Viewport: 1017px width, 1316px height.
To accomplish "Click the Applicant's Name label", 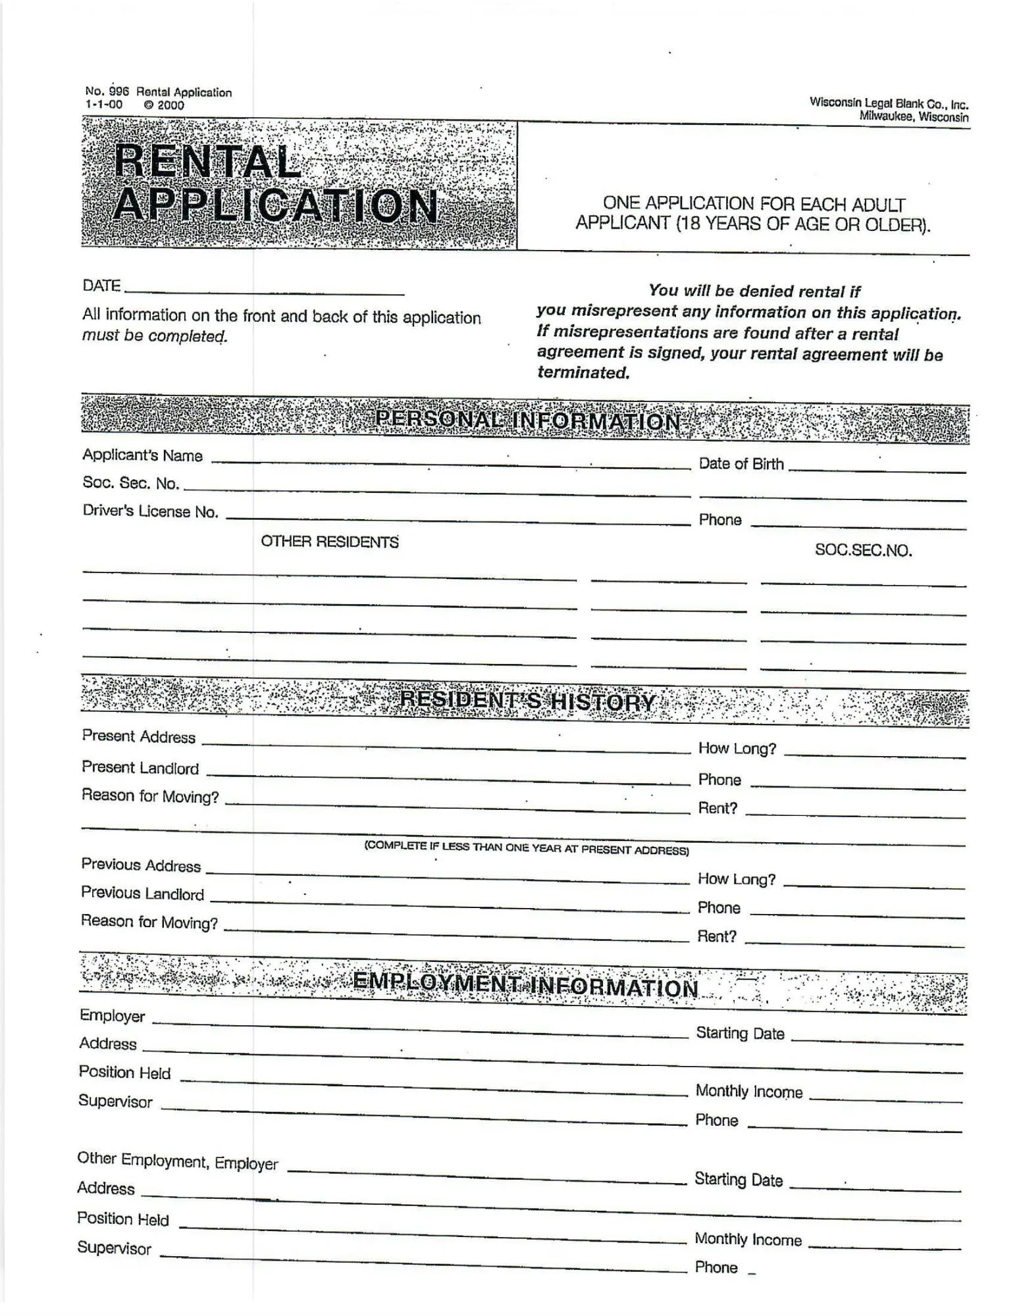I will pos(142,455).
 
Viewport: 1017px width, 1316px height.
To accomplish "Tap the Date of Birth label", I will pos(741,464).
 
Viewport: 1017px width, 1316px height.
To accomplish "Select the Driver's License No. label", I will pos(150,512).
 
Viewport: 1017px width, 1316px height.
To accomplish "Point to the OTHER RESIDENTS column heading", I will pos(330,542).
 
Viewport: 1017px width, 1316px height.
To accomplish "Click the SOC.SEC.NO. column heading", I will pos(863,550).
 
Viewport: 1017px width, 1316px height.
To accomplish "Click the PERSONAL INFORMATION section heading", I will pos(527,420).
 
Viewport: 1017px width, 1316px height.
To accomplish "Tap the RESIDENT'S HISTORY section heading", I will pos(527,701).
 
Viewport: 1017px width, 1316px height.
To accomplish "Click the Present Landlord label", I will pos(140,768).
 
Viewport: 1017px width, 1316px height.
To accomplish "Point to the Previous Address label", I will pos(141,865).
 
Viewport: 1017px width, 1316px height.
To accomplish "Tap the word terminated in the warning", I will pos(583,373).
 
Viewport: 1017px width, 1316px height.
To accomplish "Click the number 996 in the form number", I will pos(118,92).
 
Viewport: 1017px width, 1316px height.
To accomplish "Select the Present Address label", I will pos(139,736).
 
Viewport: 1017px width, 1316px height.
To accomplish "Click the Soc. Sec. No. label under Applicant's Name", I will pos(130,483).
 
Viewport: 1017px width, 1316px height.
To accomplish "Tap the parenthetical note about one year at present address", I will pos(527,848).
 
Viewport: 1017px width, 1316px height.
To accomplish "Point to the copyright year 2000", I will pos(170,105).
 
